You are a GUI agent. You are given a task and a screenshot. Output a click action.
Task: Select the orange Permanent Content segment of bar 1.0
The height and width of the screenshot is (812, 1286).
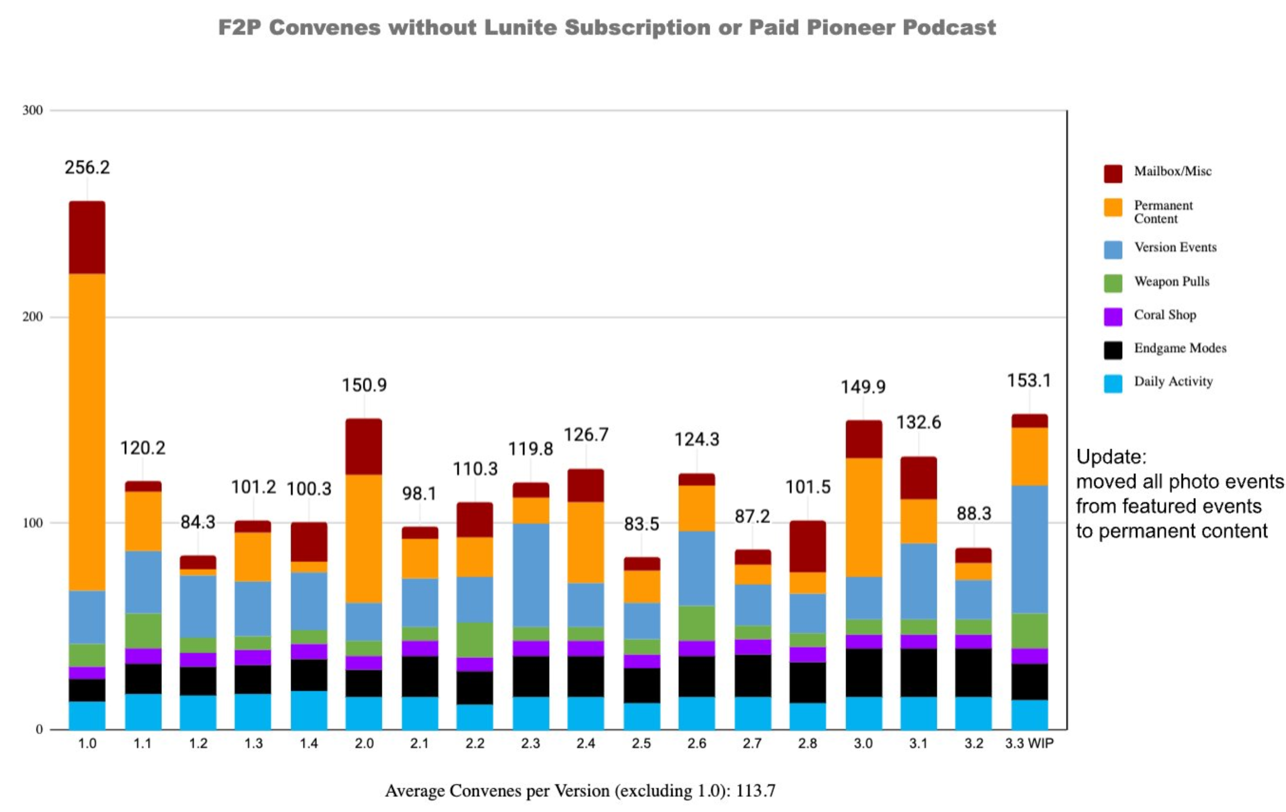pyautogui.click(x=87, y=432)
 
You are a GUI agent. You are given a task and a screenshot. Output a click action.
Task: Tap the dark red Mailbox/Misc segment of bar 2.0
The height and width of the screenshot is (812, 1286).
pyautogui.click(x=364, y=446)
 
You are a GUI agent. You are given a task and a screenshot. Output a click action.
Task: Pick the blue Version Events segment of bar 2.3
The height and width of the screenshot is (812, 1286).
pyautogui.click(x=531, y=575)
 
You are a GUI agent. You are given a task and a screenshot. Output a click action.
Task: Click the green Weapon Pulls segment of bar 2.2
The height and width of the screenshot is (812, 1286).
pyautogui.click(x=475, y=639)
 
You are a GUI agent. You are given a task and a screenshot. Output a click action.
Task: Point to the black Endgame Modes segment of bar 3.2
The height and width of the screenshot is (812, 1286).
pyautogui.click(x=974, y=673)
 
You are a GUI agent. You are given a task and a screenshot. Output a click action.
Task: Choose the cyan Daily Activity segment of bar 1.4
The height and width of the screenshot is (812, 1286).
pyautogui.click(x=309, y=710)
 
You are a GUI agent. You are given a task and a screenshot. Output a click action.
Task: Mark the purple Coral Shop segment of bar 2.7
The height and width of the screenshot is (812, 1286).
pyautogui.click(x=753, y=646)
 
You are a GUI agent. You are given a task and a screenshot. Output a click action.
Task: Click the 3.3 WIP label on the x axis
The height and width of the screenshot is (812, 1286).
pyautogui.click(x=1029, y=743)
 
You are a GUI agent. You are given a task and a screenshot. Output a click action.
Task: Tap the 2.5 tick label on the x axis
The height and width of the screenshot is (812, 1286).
pyautogui.click(x=641, y=743)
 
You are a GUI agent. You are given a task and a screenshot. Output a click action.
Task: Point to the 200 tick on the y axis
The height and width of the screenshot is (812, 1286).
pyautogui.click(x=32, y=316)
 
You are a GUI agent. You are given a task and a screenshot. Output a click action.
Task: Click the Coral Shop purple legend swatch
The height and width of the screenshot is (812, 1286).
pyautogui.click(x=1113, y=316)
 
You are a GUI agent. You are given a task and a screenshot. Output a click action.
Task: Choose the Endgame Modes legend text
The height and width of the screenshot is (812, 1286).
pyautogui.click(x=1180, y=348)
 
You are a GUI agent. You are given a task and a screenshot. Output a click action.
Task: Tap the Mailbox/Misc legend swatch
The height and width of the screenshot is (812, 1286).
pyautogui.click(x=1113, y=173)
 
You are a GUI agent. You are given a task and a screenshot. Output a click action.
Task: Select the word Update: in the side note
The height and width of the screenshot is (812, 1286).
pyautogui.click(x=1111, y=457)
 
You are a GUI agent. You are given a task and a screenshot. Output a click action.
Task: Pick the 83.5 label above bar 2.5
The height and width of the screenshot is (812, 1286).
pyautogui.click(x=641, y=524)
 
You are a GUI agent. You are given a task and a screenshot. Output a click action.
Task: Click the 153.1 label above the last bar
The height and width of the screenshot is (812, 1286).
pyautogui.click(x=1029, y=380)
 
